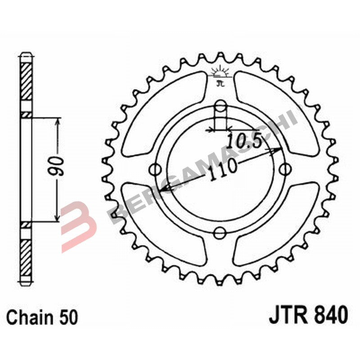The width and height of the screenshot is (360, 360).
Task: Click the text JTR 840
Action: click(308, 314)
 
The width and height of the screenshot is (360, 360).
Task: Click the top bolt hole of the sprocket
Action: click(220, 106)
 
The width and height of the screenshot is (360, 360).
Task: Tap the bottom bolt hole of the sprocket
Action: click(220, 233)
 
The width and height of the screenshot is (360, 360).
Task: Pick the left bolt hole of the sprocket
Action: click(156, 170)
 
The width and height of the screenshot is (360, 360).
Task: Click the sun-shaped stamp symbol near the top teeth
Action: click(220, 72)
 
